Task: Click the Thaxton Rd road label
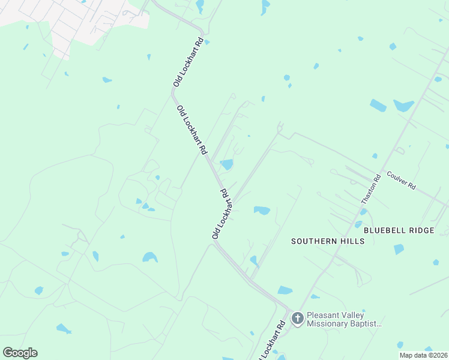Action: [371, 190]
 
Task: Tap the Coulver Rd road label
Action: [401, 181]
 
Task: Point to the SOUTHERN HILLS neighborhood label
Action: [328, 241]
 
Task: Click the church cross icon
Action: [297, 319]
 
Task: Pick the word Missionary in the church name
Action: [329, 324]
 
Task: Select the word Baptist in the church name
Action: [366, 324]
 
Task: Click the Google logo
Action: [20, 353]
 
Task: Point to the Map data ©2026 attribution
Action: [423, 355]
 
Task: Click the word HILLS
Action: [353, 241]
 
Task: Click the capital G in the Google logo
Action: [8, 353]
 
